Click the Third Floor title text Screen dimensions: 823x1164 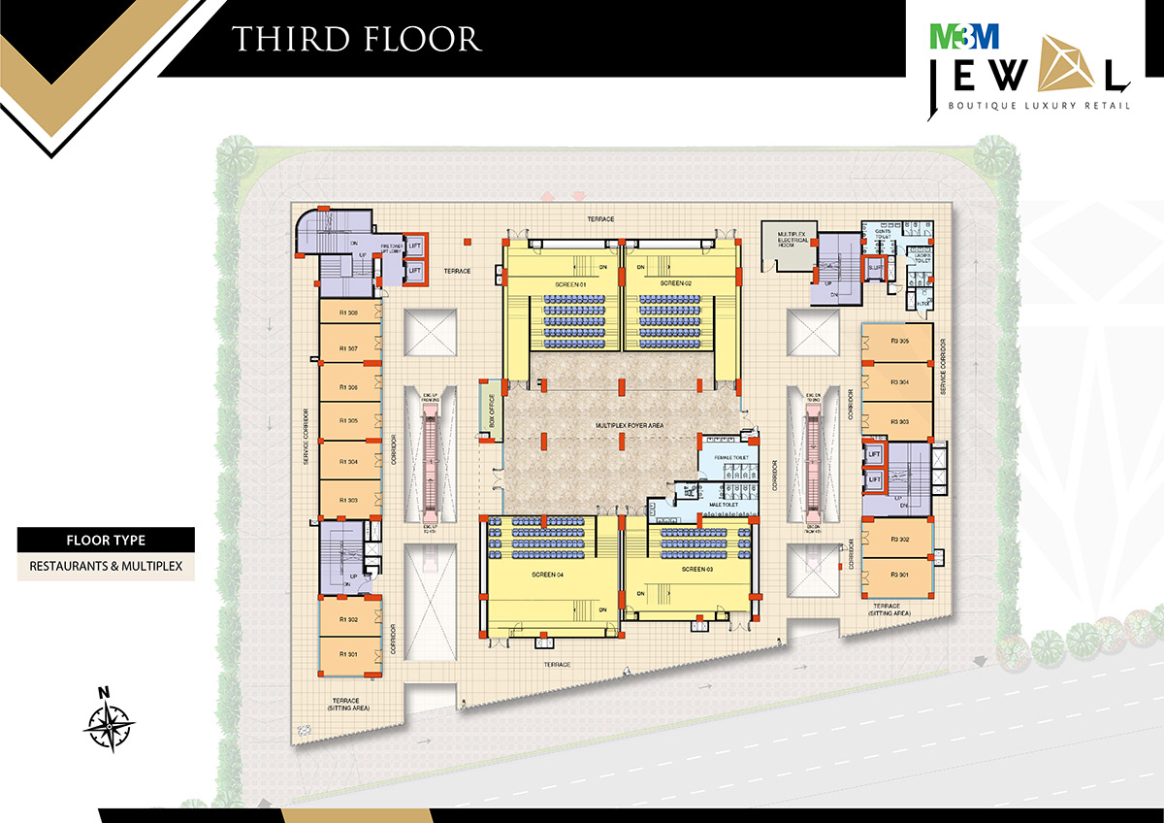[x=356, y=38]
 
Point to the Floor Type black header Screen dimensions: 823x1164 [x=106, y=540]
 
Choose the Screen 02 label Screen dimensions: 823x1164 [x=676, y=283]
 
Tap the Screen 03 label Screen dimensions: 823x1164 [x=696, y=570]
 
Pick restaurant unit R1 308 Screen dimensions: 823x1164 [x=349, y=313]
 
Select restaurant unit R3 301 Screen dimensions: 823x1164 [x=898, y=576]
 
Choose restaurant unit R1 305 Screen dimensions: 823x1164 [x=349, y=421]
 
